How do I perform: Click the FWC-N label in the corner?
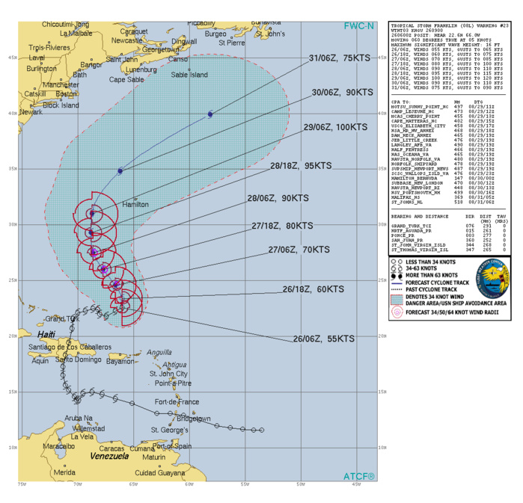360,25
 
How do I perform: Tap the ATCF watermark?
360,475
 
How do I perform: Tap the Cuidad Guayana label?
160,472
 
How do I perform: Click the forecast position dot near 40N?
210,114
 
